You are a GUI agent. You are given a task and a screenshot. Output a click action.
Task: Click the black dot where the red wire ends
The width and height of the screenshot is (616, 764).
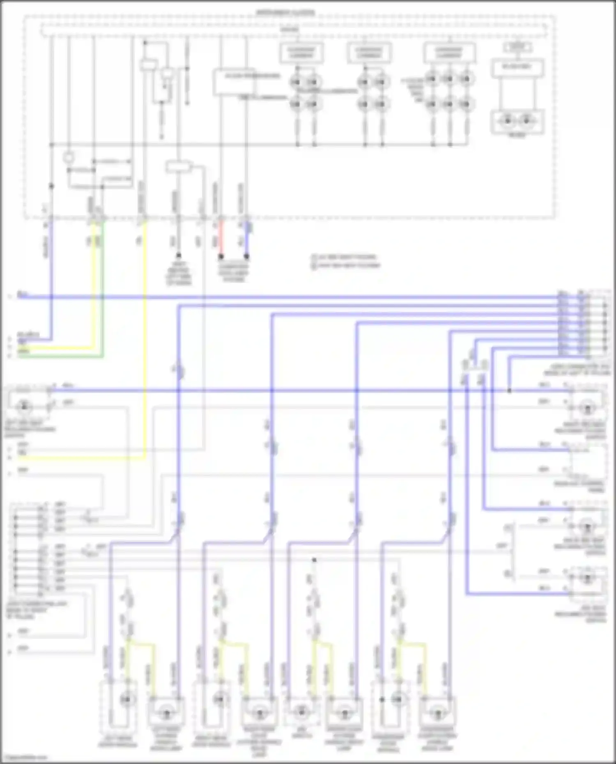[221, 257]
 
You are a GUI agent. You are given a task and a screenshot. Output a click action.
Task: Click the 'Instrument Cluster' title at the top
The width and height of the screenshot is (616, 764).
[286, 13]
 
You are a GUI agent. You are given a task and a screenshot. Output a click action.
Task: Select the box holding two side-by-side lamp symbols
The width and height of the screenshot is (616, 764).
[517, 122]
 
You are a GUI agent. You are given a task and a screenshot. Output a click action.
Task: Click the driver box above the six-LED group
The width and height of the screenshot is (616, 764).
[449, 53]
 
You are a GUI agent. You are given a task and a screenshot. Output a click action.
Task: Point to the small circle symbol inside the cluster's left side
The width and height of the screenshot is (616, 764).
[69, 158]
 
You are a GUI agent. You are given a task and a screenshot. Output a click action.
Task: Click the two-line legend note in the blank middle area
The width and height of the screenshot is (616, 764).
[346, 262]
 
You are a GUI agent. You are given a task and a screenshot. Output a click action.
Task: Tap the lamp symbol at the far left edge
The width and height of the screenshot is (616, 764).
[24, 406]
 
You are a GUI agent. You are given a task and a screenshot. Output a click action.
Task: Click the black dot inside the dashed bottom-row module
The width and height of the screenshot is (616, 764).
[382, 700]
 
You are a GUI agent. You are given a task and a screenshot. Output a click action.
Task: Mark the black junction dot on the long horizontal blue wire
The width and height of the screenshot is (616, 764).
[509, 390]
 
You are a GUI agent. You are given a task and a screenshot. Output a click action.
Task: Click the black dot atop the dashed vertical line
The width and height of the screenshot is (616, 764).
[314, 560]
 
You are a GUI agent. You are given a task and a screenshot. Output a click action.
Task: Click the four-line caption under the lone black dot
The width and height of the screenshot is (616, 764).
[179, 274]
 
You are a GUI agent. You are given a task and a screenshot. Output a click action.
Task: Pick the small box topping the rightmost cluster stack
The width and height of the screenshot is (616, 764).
[517, 47]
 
